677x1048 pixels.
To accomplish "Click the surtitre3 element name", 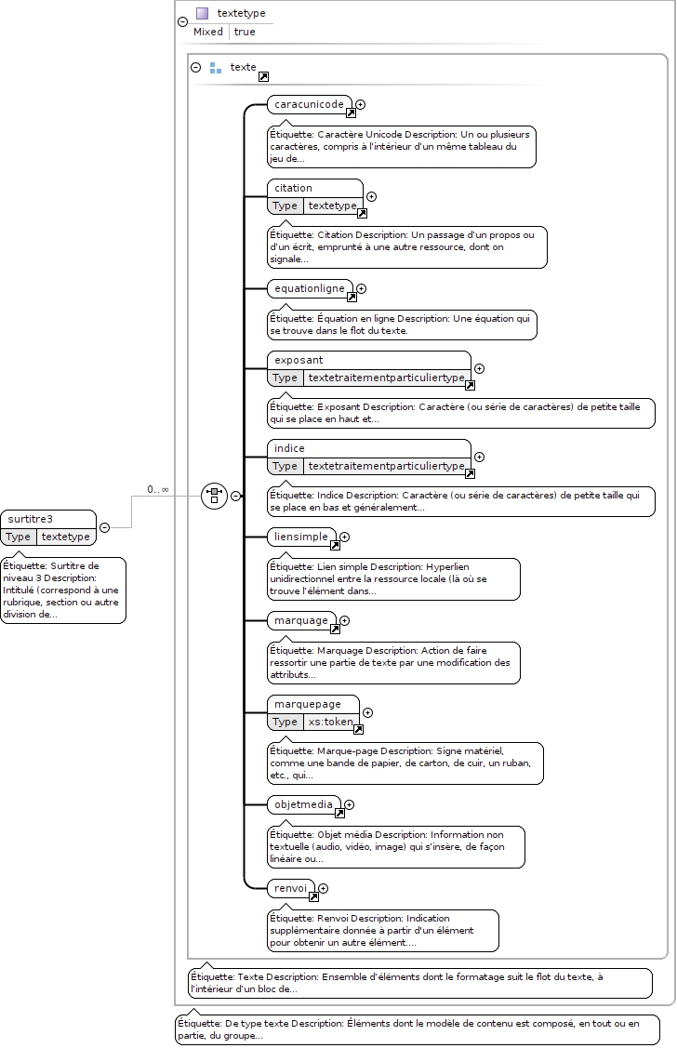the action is tap(30, 519).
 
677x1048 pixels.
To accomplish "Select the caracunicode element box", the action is tap(309, 104).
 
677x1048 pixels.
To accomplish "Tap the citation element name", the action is tap(293, 188).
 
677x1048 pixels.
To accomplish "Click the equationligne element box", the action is tap(310, 288).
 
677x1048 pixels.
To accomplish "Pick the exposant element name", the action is tap(299, 360).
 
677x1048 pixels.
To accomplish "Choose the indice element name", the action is tap(288, 448).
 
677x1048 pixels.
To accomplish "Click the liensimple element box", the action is tap(301, 537).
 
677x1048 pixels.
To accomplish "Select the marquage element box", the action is tap(301, 620).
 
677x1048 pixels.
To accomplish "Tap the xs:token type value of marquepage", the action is tap(330, 722).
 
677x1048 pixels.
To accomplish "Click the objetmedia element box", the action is tap(303, 804).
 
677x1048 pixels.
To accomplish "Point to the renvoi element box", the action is tap(291, 888).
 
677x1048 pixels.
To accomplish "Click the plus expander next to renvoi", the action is tap(324, 888).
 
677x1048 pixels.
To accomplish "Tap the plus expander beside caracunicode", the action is tap(360, 104).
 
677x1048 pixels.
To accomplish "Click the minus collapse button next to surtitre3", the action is tap(104, 527).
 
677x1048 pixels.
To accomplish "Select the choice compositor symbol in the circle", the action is tap(215, 496).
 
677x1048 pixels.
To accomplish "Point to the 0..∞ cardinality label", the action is tap(158, 490).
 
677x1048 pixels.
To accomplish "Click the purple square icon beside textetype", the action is tap(202, 13).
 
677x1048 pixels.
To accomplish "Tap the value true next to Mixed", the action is tap(245, 32).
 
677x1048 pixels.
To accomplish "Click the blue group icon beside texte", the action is tap(215, 68).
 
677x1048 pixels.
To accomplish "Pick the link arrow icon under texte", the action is tap(263, 77).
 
